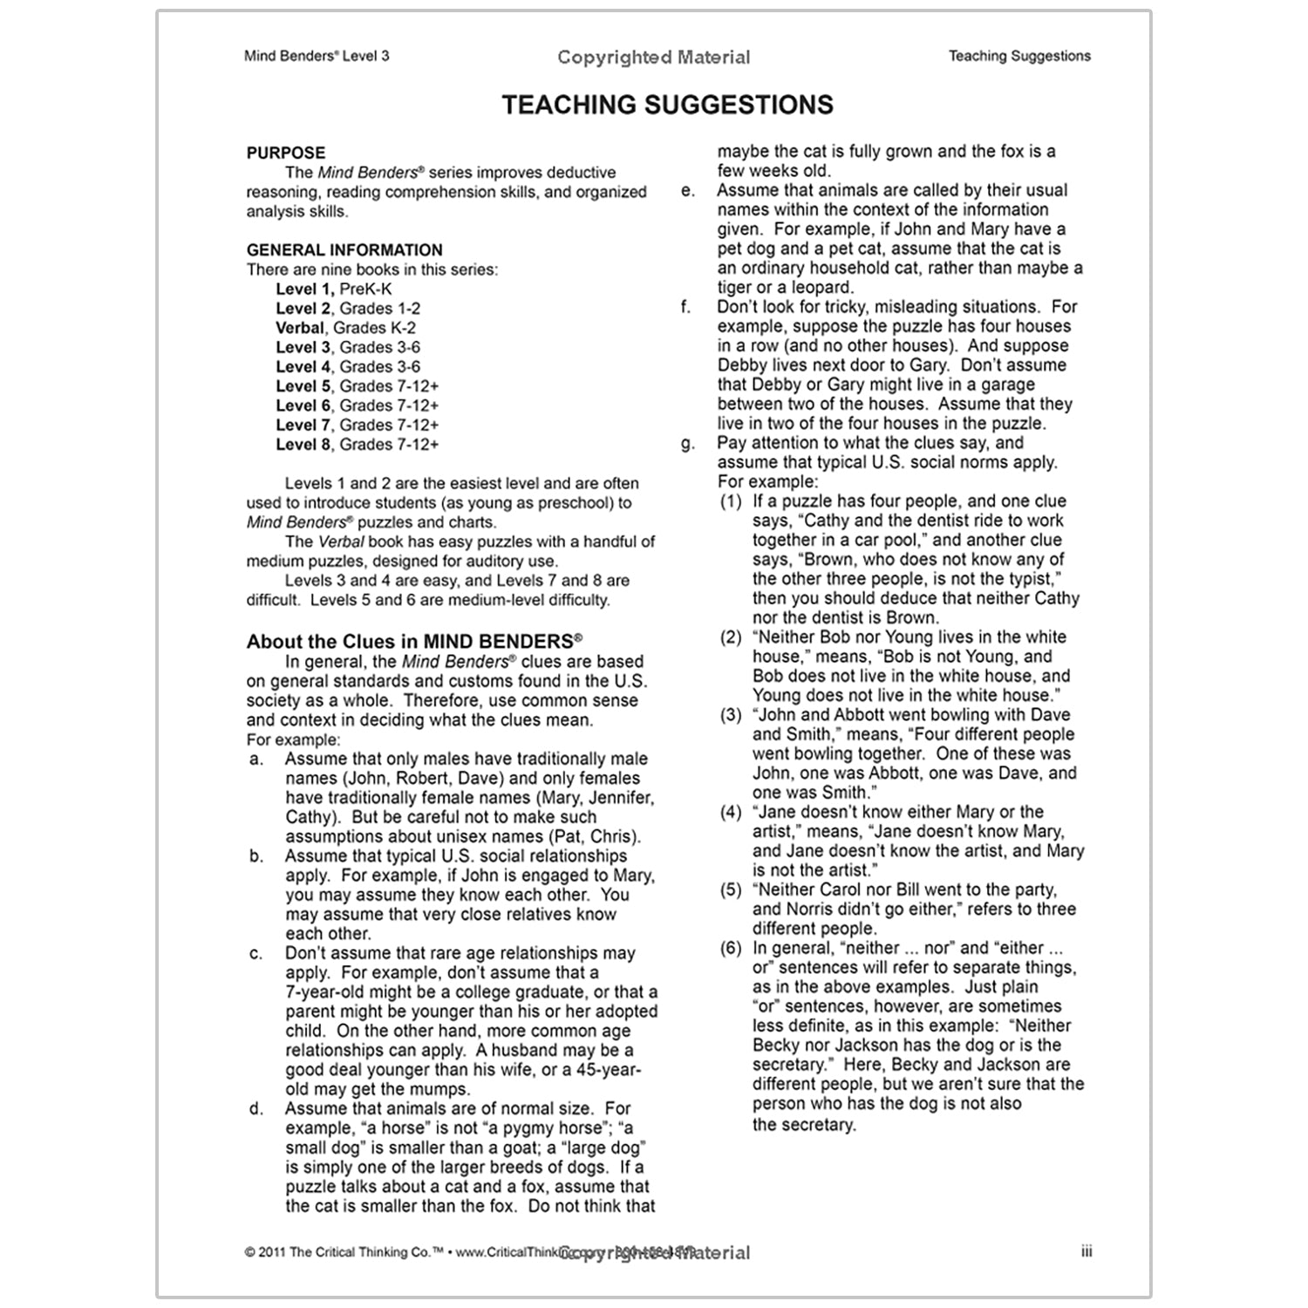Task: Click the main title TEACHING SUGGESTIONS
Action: point(667,106)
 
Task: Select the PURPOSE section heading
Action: point(285,153)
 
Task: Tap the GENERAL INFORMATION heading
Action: point(344,250)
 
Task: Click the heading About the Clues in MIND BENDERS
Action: point(414,642)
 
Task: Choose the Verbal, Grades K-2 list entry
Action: point(345,328)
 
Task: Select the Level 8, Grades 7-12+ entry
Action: point(357,445)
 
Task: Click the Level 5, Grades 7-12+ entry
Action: point(357,386)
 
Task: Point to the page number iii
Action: point(1086,1252)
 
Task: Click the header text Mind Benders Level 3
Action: point(317,57)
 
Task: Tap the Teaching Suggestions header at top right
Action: point(1019,57)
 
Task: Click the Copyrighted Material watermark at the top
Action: point(653,58)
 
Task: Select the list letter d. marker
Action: point(255,1109)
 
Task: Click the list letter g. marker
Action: point(688,443)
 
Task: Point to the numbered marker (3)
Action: point(731,715)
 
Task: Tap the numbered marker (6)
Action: point(731,948)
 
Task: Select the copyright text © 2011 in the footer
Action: point(264,1252)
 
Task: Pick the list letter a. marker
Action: point(255,760)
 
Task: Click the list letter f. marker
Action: point(686,307)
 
